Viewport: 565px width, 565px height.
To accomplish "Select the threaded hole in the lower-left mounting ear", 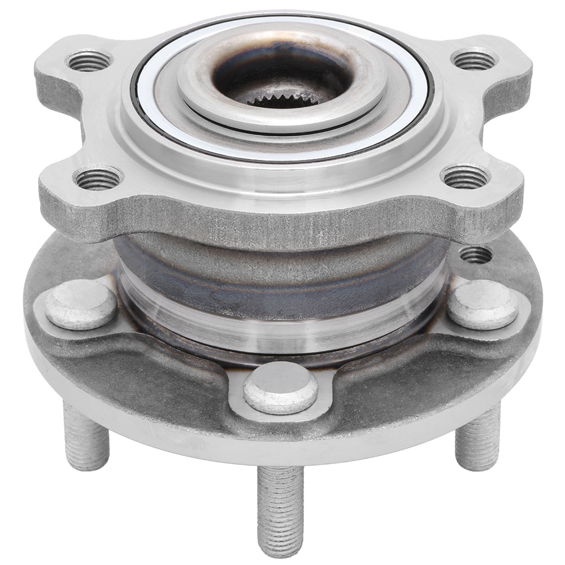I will pos(99,179).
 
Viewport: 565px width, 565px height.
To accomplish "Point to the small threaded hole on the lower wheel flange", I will pos(476,255).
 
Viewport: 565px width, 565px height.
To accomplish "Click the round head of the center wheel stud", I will pos(280,388).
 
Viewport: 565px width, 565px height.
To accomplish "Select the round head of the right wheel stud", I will pos(484,305).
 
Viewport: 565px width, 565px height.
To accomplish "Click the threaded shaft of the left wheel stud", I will pos(85,438).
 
